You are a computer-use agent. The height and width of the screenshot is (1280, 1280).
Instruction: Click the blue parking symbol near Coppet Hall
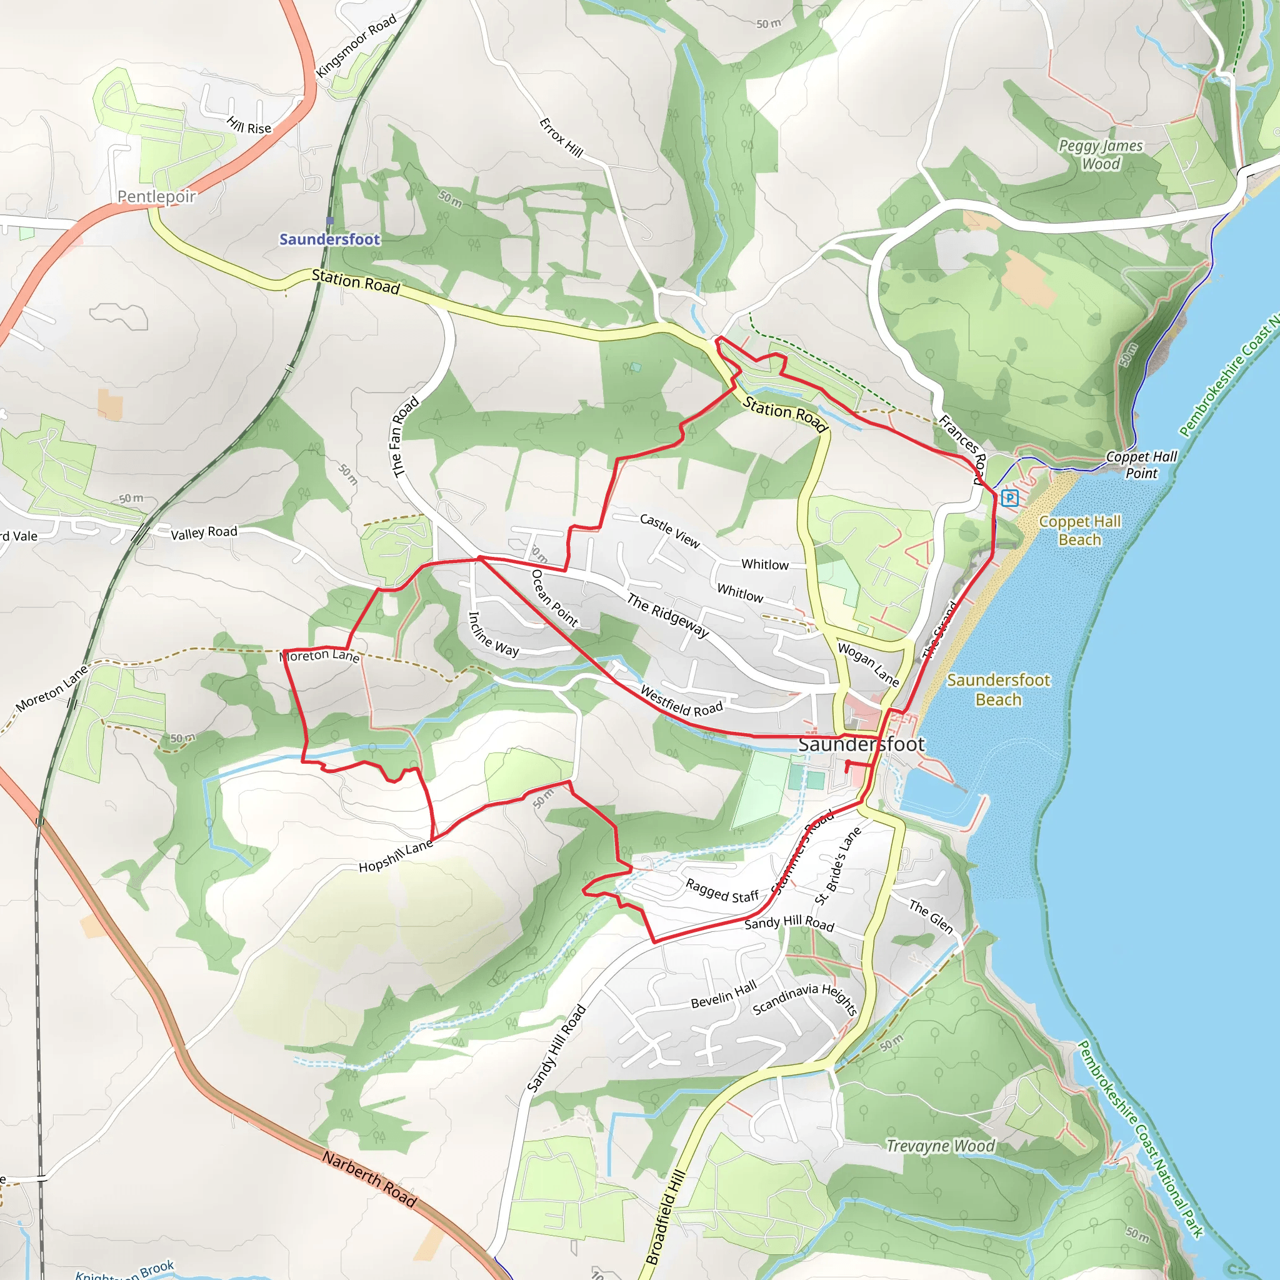(1010, 497)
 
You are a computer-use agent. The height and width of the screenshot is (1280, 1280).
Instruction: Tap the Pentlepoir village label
(157, 196)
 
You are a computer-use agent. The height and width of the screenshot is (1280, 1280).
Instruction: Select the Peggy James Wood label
(1101, 154)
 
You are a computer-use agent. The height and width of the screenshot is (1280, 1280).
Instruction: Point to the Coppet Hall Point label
(1141, 464)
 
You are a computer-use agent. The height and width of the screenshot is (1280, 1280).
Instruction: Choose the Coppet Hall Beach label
(1080, 530)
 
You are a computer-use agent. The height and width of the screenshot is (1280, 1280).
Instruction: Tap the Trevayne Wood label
(941, 1146)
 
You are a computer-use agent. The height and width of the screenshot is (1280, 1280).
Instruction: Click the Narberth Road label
(370, 1179)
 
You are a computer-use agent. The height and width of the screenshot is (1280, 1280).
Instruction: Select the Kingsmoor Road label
(356, 45)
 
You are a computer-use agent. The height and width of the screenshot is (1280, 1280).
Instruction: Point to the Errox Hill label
(561, 137)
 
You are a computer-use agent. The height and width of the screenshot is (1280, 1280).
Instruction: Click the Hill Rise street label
(249, 125)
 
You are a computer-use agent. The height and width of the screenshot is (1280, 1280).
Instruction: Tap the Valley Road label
(204, 532)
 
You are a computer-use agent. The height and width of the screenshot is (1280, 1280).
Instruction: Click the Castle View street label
(670, 531)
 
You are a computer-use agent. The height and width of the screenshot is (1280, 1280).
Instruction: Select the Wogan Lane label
(869, 664)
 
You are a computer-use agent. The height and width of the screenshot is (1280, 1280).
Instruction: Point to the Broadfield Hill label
(665, 1217)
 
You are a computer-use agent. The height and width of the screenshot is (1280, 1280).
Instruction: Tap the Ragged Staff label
(721, 891)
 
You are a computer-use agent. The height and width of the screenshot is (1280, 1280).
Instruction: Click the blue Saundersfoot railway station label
(329, 239)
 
